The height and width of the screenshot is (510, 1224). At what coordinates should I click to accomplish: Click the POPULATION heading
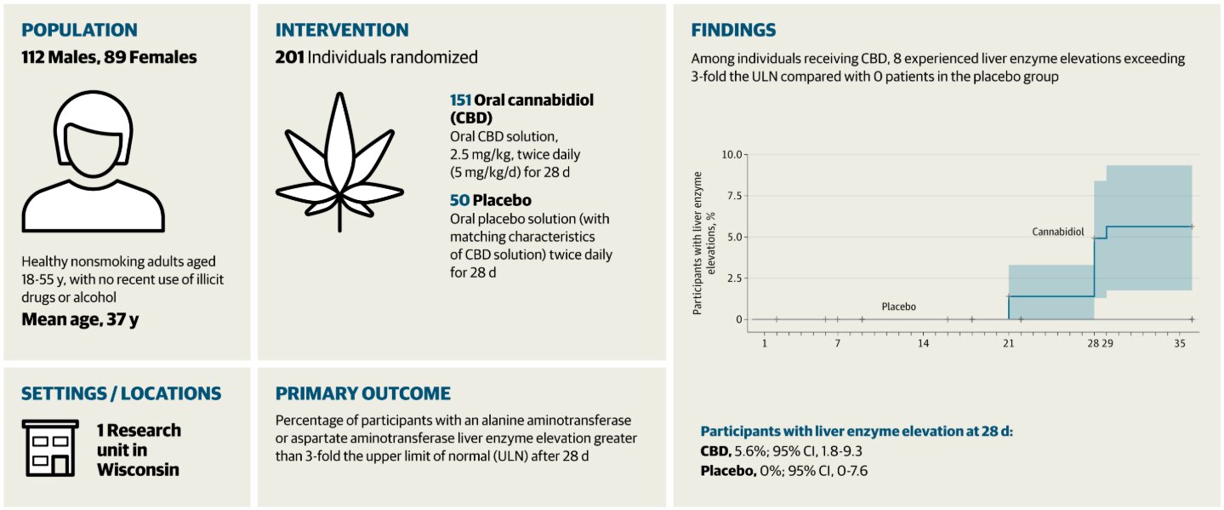pos(79,30)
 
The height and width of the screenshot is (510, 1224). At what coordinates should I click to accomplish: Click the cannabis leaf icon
pos(339,162)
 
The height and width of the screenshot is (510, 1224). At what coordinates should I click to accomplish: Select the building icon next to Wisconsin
pos(49,449)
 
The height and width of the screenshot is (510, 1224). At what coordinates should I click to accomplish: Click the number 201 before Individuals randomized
pos(289,58)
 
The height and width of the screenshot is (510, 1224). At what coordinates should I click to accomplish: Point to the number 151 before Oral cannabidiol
pos(460,100)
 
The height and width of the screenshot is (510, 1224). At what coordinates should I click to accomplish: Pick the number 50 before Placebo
pos(459,201)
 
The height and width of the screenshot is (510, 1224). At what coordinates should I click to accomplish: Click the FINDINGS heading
pos(733,30)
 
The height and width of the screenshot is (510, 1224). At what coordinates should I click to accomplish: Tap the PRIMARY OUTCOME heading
pos(362,393)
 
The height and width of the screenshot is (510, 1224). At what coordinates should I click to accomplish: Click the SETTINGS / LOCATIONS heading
pos(121,393)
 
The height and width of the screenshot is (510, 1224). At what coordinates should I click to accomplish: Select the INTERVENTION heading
pos(342,30)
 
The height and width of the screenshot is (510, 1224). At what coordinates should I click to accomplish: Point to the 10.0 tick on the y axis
pos(732,154)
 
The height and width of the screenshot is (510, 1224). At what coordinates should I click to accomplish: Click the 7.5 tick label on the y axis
pos(734,196)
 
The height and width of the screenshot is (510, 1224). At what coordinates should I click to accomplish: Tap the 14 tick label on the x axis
pos(923,343)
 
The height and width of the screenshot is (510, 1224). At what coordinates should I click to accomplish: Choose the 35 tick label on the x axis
pos(1180,343)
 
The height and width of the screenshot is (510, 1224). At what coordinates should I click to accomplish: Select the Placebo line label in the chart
pos(898,307)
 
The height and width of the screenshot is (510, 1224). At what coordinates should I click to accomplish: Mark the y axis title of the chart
pos(703,243)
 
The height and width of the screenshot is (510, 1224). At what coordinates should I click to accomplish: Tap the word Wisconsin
pos(139,469)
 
